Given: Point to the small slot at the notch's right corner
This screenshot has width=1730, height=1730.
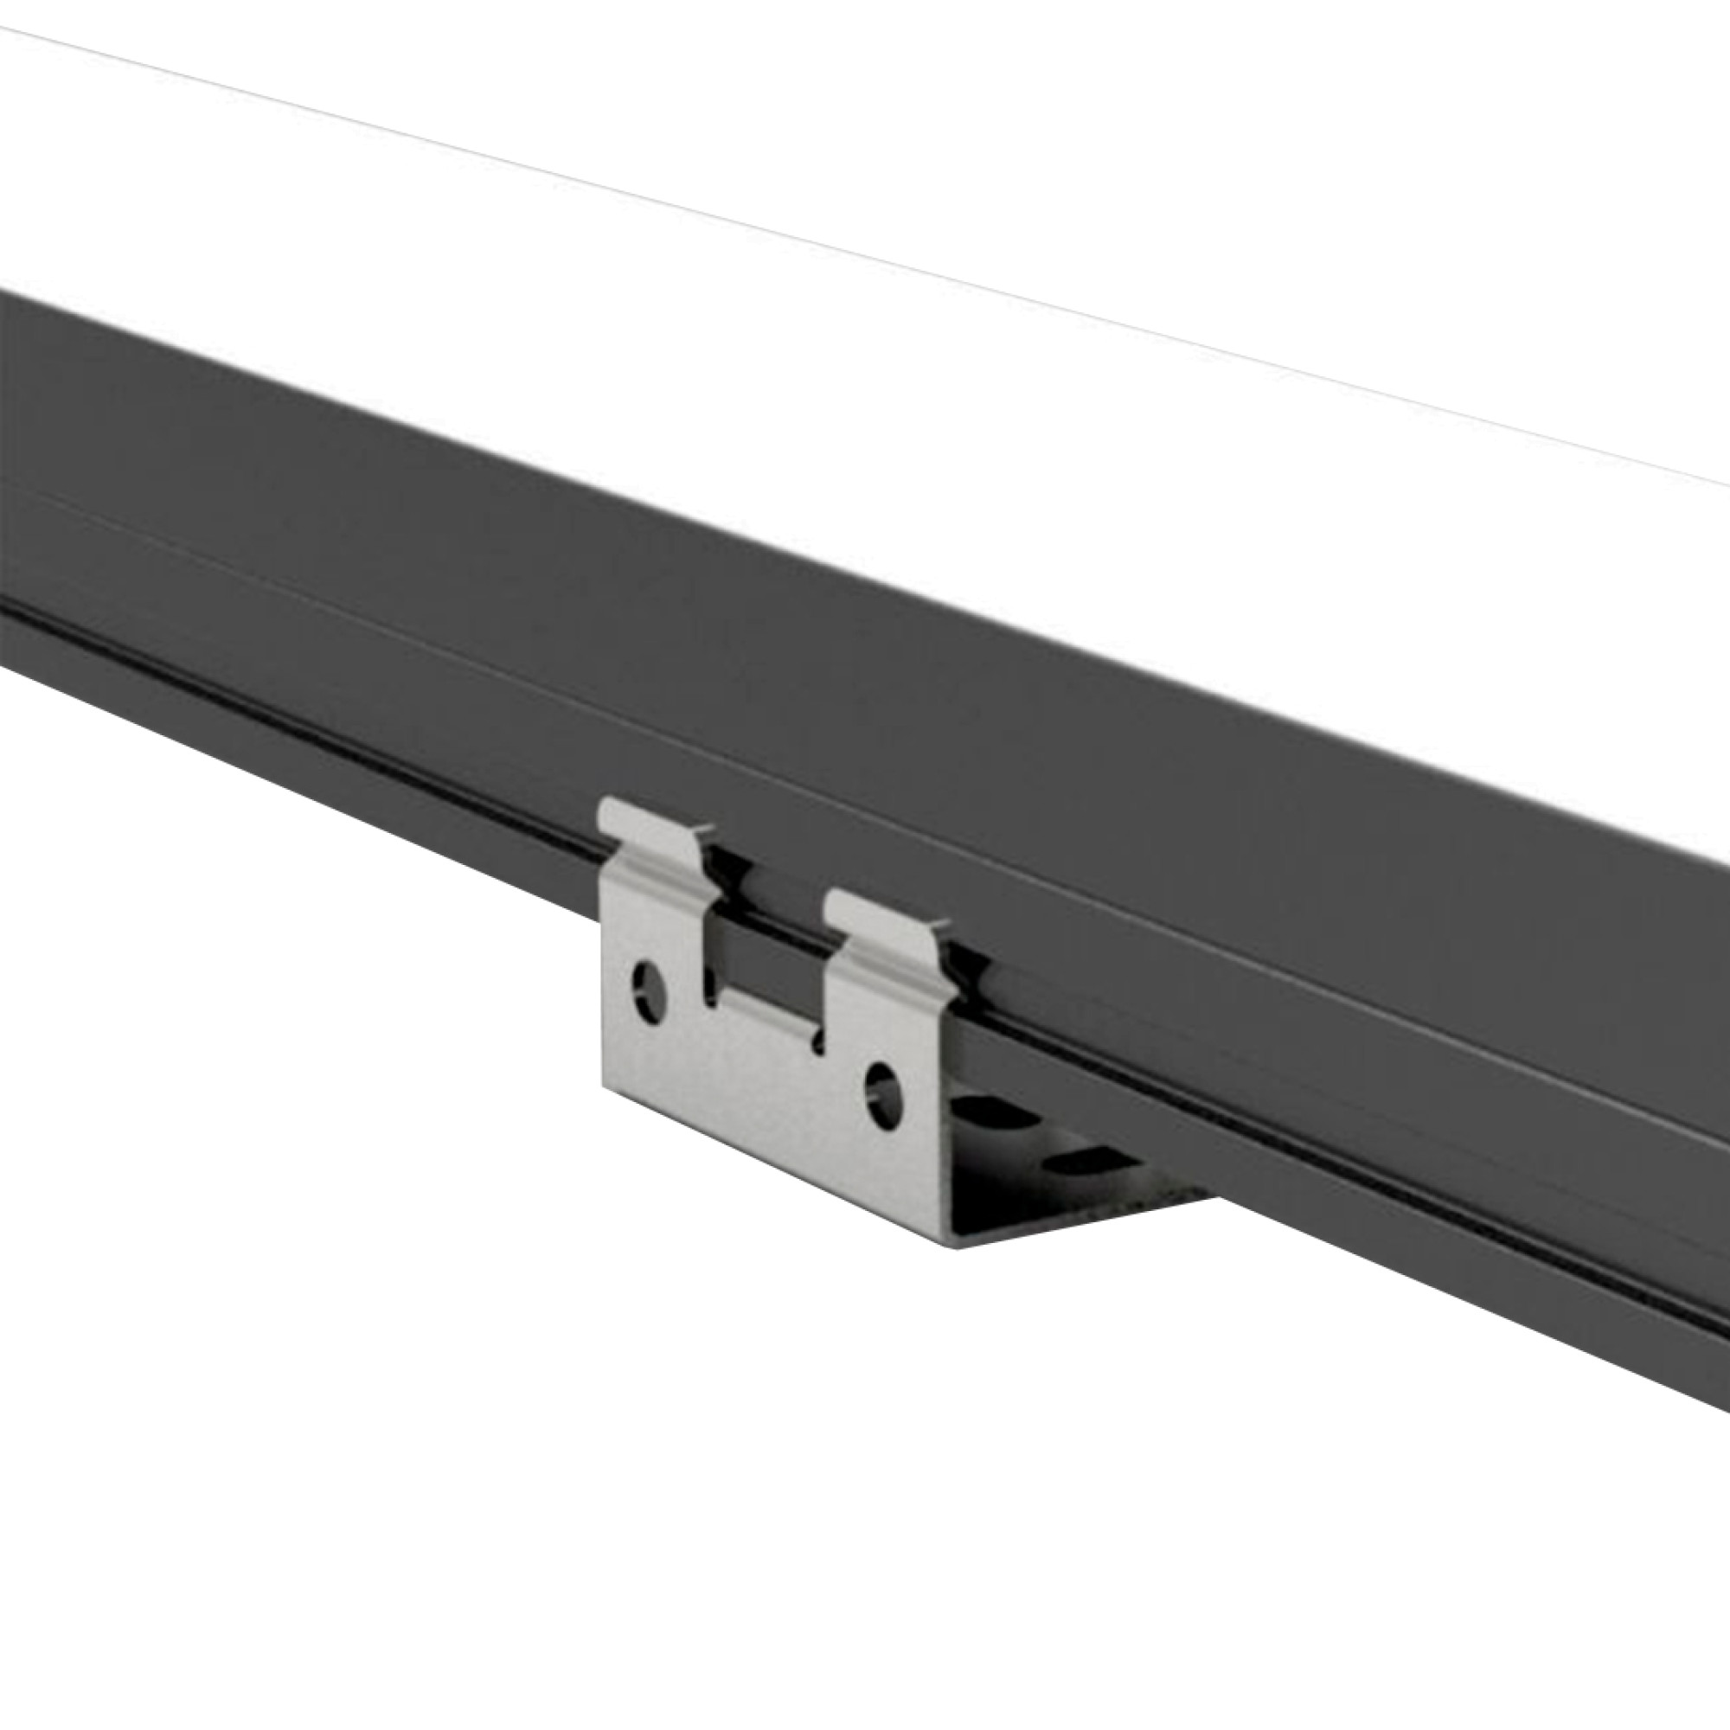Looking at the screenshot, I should [x=817, y=1039].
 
